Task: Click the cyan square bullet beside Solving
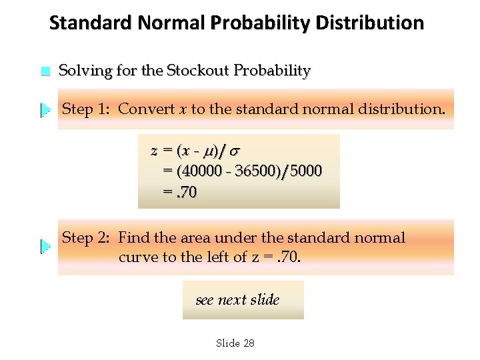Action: click(x=45, y=71)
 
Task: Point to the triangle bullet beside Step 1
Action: click(x=45, y=109)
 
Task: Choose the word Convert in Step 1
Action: click(x=147, y=109)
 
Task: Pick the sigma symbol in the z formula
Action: click(x=235, y=151)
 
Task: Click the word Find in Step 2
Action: click(x=134, y=238)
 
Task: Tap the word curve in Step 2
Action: click(x=137, y=257)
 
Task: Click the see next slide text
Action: click(x=238, y=300)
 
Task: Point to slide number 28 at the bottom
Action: click(x=248, y=343)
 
